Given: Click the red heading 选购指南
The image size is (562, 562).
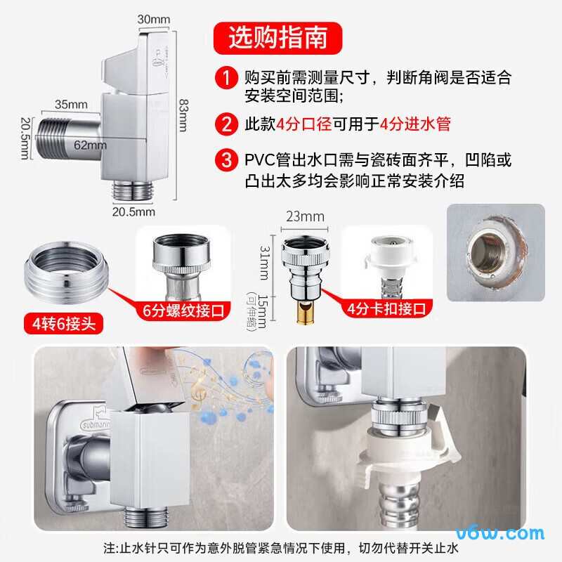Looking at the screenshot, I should (x=278, y=37).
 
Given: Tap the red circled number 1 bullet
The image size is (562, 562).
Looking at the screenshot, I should (x=226, y=77).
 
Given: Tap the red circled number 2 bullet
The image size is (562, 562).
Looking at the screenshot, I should (x=226, y=125).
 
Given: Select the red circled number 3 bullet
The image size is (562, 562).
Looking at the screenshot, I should (x=226, y=160).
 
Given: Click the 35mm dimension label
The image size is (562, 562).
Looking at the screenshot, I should (x=72, y=105).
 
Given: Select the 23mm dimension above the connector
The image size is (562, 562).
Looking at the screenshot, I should (x=305, y=216).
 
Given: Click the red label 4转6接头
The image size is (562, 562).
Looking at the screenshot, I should (x=62, y=324).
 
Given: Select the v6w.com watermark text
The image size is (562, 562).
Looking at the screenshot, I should (x=509, y=533).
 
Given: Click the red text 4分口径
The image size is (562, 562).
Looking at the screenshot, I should (x=304, y=125).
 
